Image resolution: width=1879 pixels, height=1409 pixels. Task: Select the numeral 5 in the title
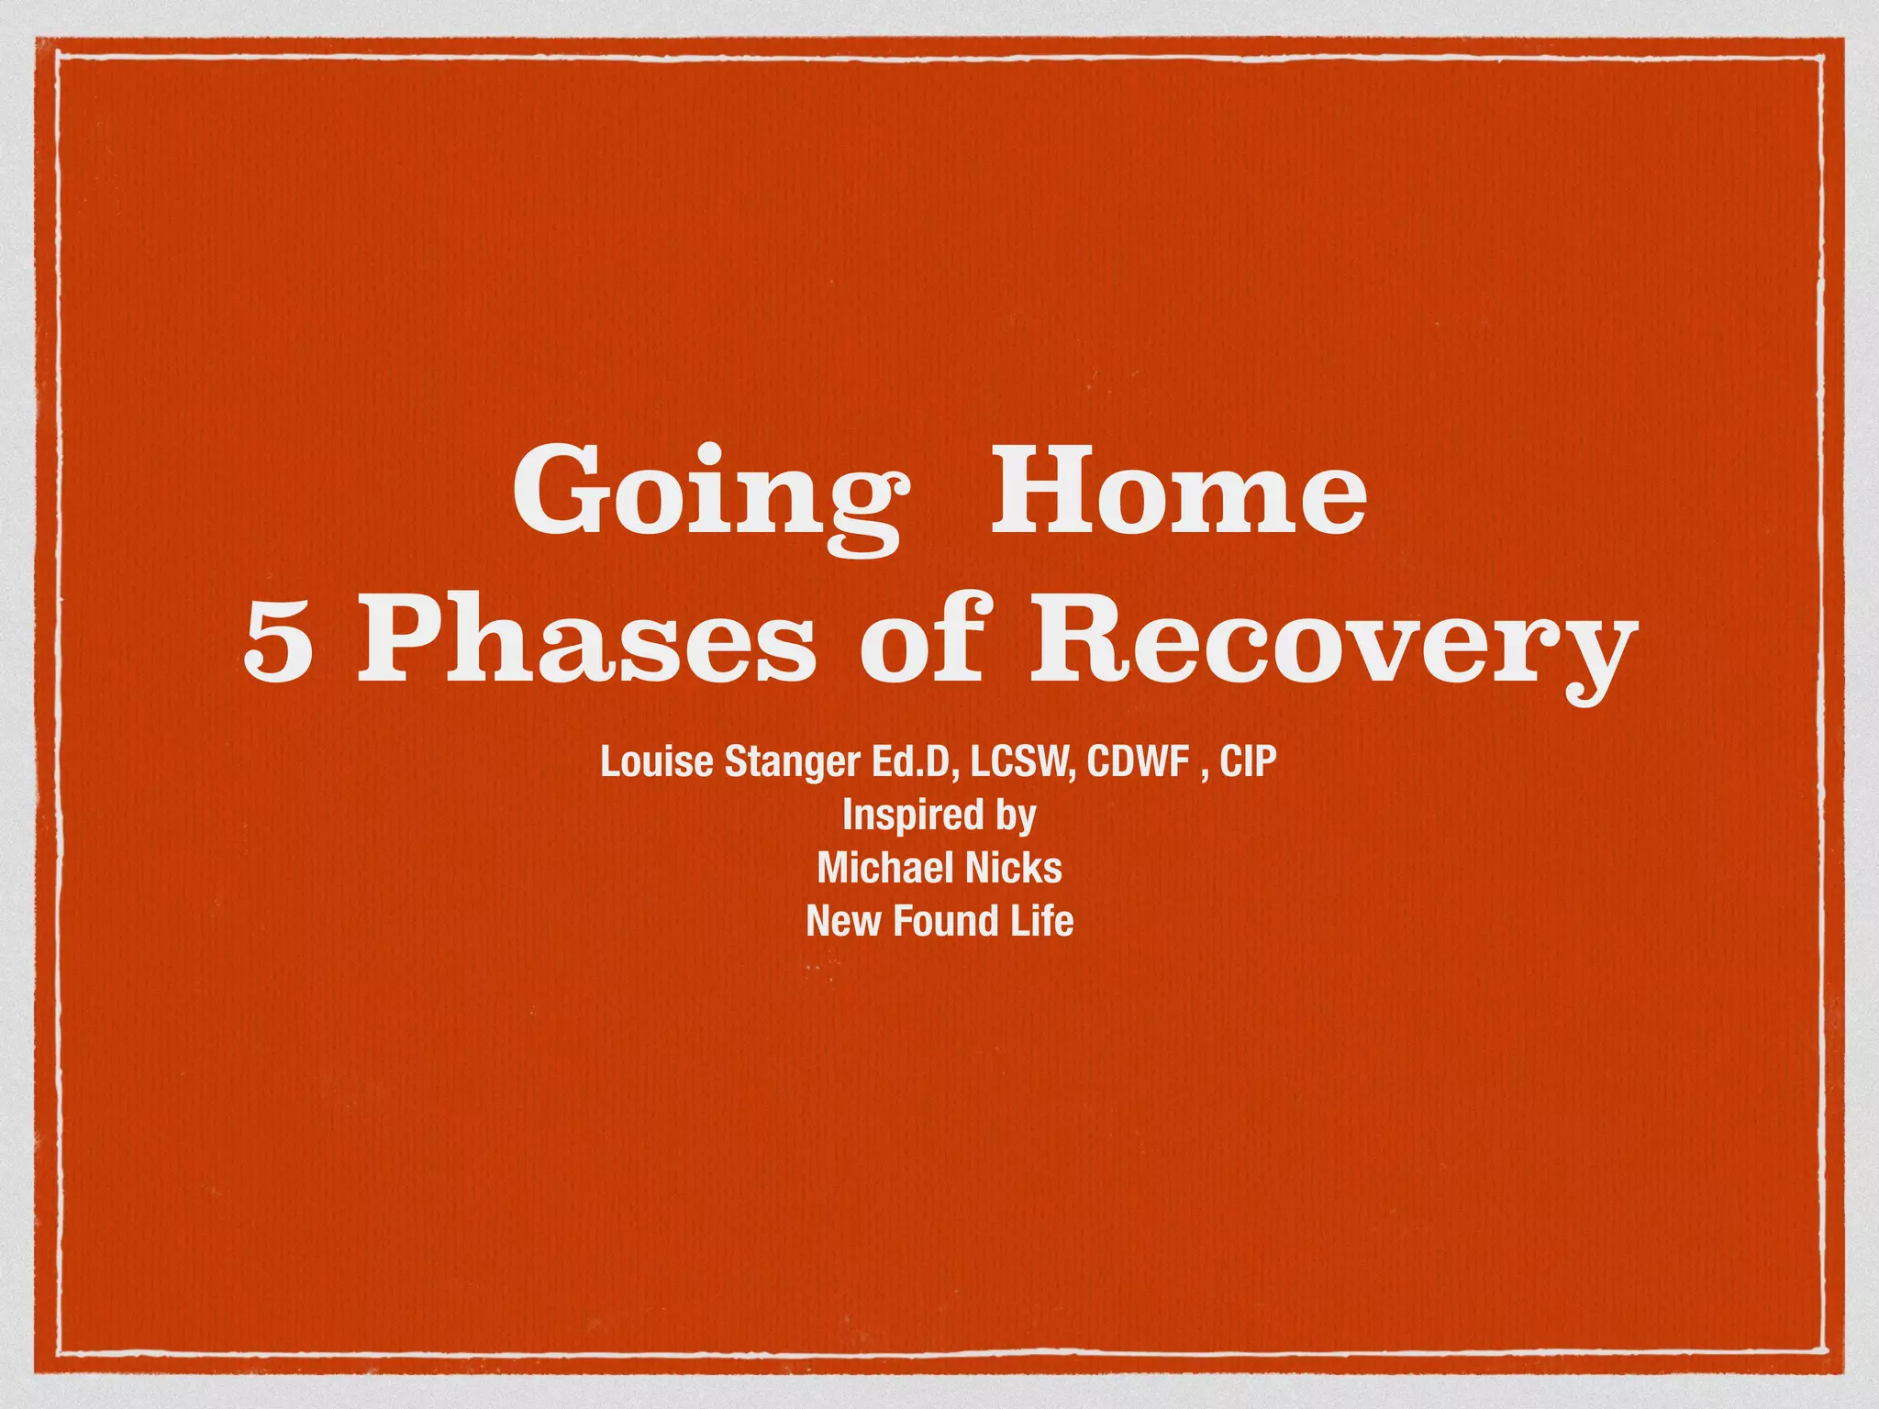[x=279, y=644]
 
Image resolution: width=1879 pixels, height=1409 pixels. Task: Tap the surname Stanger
[x=790, y=763]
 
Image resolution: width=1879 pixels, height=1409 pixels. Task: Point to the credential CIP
[x=1248, y=761]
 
